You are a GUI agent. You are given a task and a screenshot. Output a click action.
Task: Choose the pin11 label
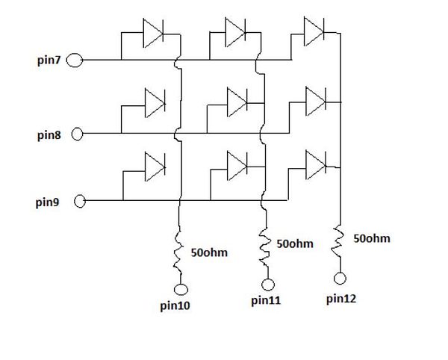pos(266,301)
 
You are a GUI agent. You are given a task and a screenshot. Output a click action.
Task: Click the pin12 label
pos(342,299)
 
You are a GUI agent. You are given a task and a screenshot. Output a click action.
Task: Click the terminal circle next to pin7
pos(75,60)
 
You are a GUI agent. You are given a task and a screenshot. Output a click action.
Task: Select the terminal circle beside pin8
pos(76,134)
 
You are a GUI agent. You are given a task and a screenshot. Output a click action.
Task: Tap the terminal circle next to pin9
pos(80,201)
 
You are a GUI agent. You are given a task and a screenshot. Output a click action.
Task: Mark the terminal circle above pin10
pos(180,290)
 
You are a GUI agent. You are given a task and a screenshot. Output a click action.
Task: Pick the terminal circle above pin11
pos(267,284)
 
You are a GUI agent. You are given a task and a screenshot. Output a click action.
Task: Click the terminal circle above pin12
pos(340,279)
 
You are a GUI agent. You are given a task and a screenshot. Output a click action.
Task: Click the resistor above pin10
pos(179,251)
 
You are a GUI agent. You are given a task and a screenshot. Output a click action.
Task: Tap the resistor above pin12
pos(340,240)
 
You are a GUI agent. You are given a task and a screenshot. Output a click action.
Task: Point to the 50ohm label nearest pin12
pos(372,239)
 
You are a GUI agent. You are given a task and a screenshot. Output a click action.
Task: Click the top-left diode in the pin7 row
pos(153,32)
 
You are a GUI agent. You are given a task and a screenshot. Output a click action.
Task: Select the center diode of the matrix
pos(236,99)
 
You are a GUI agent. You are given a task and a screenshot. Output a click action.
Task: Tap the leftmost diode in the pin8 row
pos(155,100)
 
